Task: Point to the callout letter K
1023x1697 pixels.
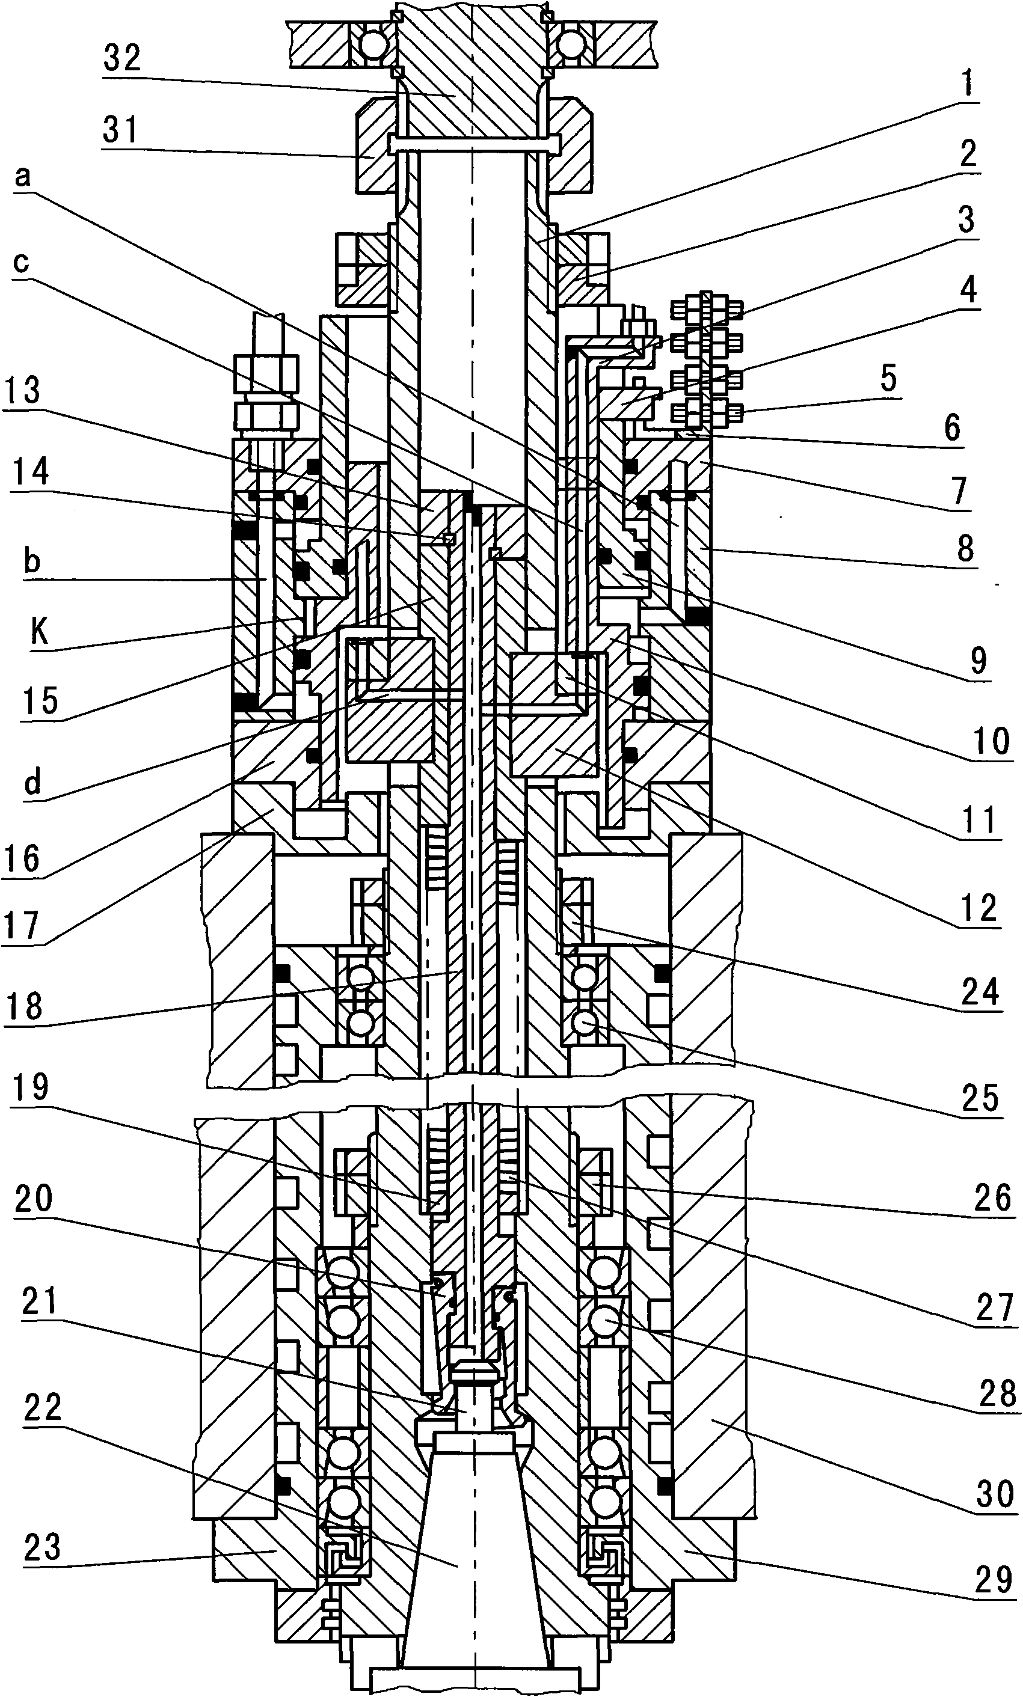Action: coord(40,631)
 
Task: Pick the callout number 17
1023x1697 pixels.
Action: coord(22,925)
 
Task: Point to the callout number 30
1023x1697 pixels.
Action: coord(994,1494)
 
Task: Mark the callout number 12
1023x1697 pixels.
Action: coord(978,908)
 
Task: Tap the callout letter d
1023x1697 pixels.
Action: coord(32,781)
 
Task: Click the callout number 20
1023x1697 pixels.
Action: coord(34,1199)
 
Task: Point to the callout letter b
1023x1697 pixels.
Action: coord(32,561)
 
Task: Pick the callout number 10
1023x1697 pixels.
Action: coord(991,742)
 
